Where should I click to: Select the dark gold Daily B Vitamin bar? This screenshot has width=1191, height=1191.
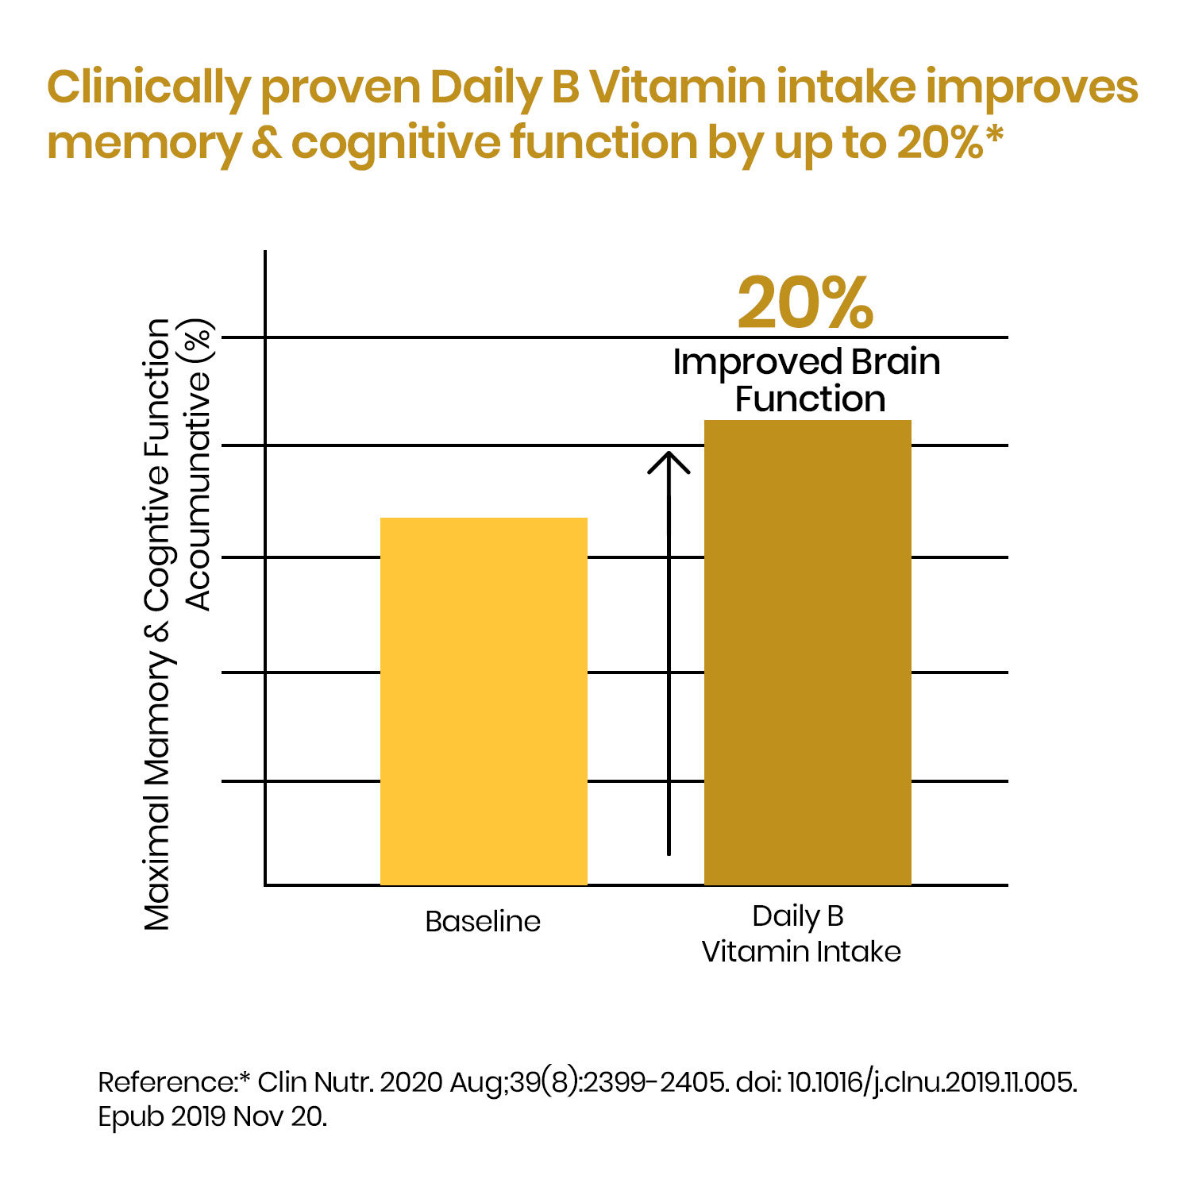807,652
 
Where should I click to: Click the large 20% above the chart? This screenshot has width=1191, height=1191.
805,303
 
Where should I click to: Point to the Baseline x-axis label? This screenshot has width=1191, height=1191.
483,922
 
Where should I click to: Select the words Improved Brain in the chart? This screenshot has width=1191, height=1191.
806,362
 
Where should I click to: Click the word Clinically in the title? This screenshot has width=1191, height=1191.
148,88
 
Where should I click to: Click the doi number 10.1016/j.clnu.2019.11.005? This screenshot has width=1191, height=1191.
932,1082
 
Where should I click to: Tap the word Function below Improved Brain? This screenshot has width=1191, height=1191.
810,399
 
